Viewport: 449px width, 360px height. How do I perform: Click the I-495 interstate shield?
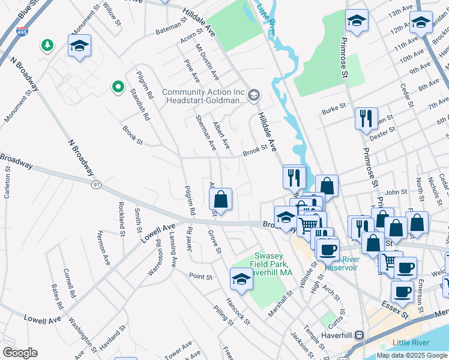22,31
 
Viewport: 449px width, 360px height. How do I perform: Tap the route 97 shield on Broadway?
96,185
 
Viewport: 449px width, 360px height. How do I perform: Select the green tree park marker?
46,45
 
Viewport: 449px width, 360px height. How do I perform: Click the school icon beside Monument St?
79,46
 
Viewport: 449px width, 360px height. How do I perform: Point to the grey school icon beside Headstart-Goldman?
254,94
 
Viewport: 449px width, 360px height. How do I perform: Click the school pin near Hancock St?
241,278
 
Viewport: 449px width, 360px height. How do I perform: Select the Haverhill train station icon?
359,335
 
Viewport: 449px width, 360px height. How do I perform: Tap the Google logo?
20,352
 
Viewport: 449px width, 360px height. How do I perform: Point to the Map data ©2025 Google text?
412,355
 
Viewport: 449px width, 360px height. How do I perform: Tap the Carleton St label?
8,186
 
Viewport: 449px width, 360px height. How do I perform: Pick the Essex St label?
411,313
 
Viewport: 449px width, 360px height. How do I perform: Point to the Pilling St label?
223,314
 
